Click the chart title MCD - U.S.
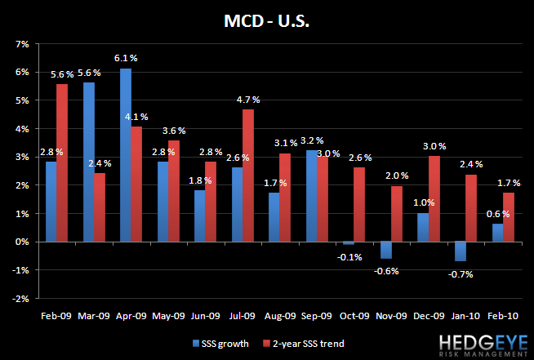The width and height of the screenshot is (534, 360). click(x=267, y=19)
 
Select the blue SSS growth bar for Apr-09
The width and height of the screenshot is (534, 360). click(x=125, y=155)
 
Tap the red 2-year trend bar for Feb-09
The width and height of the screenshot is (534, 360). click(x=62, y=163)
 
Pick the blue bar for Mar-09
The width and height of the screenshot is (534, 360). click(x=89, y=162)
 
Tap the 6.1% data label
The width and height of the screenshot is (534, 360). click(x=126, y=58)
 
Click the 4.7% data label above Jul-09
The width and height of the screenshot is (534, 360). click(x=247, y=100)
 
